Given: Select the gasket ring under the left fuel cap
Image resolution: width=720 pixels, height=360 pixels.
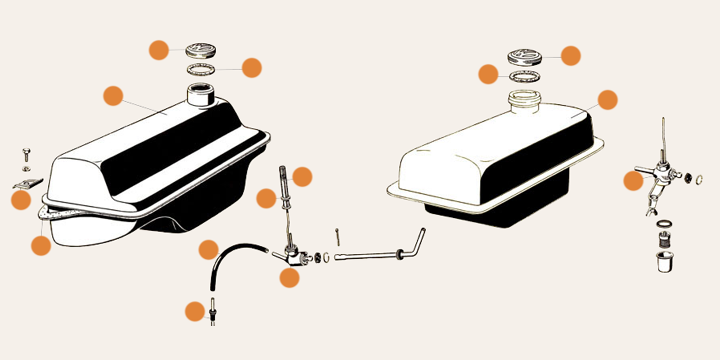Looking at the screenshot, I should click(201, 69).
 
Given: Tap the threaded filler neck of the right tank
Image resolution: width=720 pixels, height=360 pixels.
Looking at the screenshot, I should click(523, 99).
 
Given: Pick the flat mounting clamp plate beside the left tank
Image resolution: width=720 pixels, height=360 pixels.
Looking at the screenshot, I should click(28, 184).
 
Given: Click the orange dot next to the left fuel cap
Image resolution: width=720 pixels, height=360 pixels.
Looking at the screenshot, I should click(159, 50).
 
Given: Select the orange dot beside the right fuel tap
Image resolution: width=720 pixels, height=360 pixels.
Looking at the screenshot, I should click(633, 181).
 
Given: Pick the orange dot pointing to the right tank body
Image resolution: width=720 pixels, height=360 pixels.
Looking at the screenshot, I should click(607, 100).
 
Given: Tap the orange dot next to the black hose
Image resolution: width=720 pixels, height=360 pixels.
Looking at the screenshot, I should click(208, 250).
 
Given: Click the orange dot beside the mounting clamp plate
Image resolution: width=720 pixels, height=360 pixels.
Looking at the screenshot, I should click(21, 200).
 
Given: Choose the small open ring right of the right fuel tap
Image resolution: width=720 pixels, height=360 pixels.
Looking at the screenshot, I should click(699, 180).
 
